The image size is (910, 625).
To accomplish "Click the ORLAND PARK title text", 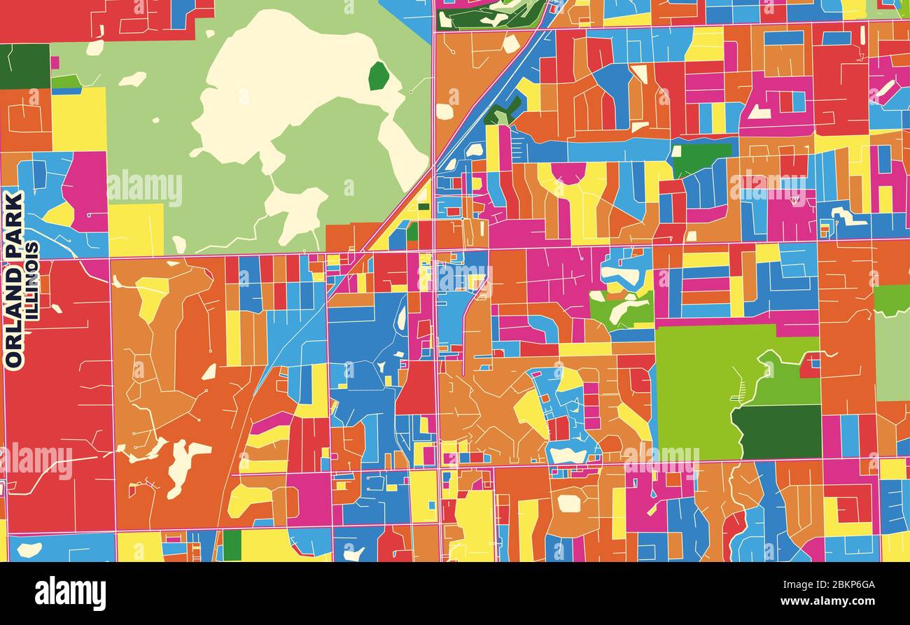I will point(14,280).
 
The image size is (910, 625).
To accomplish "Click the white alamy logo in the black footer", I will point(70,594).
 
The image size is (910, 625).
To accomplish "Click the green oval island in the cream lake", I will point(378,76).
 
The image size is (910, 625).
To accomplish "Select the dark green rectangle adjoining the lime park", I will point(777,431).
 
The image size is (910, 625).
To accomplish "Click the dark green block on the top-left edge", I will point(24,66).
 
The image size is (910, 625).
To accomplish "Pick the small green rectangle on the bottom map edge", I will point(232,545).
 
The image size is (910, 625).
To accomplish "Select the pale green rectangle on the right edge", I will point(892,357).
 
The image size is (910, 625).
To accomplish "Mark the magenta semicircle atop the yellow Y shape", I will point(568,172).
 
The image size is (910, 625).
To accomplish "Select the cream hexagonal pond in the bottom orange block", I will point(568,503).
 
